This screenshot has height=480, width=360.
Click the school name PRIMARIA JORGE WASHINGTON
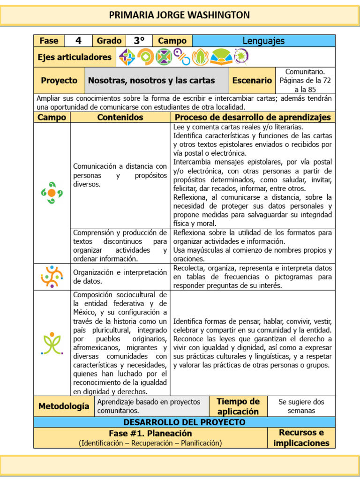(x=180, y=15)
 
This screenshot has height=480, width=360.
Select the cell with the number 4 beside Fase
(x=78, y=41)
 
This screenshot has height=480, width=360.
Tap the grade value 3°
(x=139, y=41)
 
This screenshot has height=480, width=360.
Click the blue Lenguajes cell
(x=263, y=41)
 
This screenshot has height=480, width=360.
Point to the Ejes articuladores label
(x=75, y=57)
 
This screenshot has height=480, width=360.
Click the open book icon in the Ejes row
(x=220, y=57)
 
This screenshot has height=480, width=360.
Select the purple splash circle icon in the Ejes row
(x=241, y=57)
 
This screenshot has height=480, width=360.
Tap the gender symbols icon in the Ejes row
(x=182, y=57)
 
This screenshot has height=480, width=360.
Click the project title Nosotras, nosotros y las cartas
(x=151, y=80)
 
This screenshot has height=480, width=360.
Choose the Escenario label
(x=252, y=80)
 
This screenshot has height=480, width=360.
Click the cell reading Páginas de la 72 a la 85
(x=305, y=80)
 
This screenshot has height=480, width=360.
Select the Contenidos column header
(x=120, y=117)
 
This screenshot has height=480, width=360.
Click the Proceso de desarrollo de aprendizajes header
(x=253, y=117)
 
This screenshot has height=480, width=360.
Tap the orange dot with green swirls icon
(x=52, y=193)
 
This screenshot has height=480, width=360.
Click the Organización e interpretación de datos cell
(x=120, y=277)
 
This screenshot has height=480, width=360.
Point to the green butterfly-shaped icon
(x=52, y=343)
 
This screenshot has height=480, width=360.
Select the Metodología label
(x=64, y=406)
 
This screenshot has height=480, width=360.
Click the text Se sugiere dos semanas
(x=301, y=406)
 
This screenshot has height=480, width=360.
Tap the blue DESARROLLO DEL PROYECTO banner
(x=184, y=422)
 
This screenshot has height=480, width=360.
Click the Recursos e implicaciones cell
(x=301, y=438)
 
